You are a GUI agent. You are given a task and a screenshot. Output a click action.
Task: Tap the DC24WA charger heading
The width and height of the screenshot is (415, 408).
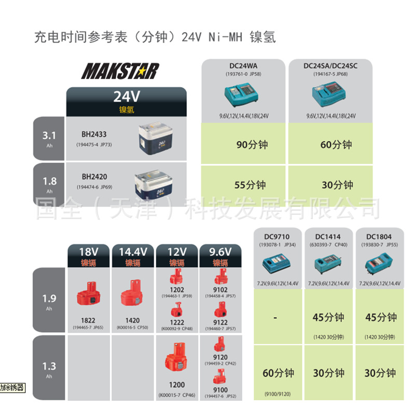[243, 66]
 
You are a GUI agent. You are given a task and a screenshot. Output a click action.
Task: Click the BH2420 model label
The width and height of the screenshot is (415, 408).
[92, 176]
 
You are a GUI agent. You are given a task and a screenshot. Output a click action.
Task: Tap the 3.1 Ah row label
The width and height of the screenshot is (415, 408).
[49, 137]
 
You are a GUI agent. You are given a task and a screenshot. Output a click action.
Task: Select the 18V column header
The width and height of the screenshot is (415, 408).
[88, 252]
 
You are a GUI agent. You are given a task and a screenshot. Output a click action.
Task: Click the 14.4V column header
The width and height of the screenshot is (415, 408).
[133, 252]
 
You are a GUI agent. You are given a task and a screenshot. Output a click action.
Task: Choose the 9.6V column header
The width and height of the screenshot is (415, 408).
[220, 252]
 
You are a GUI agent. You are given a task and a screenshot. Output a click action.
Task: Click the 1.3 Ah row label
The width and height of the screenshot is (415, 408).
[49, 366]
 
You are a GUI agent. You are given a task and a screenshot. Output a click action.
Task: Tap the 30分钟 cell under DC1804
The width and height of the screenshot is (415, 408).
[380, 373]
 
